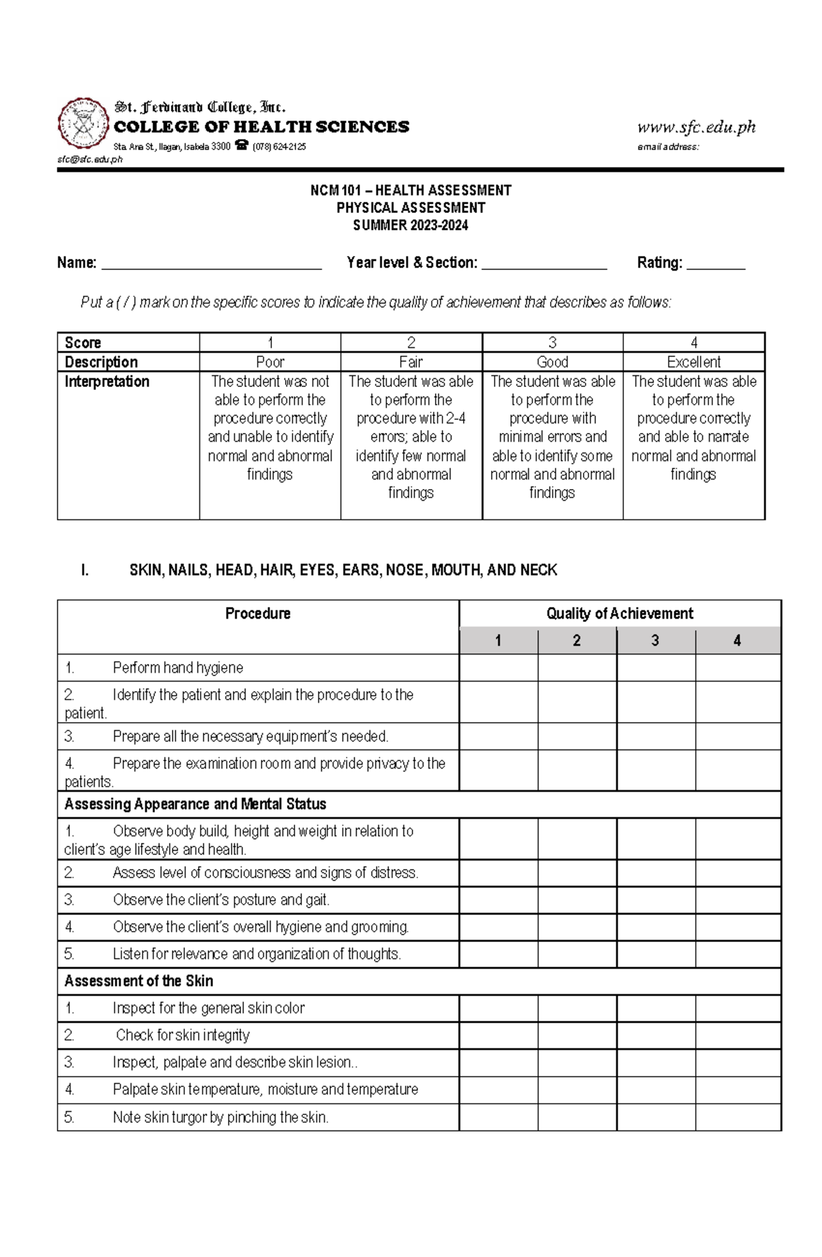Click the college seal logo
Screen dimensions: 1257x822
pyautogui.click(x=84, y=123)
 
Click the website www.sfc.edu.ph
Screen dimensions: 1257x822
pyautogui.click(x=696, y=127)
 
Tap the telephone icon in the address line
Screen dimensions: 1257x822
pyautogui.click(x=241, y=145)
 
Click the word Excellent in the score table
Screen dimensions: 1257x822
pyautogui.click(x=693, y=362)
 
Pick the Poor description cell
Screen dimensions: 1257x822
pyautogui.click(x=270, y=362)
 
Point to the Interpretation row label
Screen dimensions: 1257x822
pyautogui.click(x=107, y=382)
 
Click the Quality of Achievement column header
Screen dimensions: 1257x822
pyautogui.click(x=619, y=613)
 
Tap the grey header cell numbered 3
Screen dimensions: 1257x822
pyautogui.click(x=655, y=640)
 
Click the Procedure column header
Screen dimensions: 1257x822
pyautogui.click(x=258, y=613)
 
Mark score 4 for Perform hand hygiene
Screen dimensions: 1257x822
pyautogui.click(x=738, y=668)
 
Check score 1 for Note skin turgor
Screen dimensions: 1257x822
pyautogui.click(x=498, y=1117)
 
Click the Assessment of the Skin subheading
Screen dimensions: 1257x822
pyautogui.click(x=139, y=981)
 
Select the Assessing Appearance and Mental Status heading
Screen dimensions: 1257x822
pyautogui.click(x=195, y=804)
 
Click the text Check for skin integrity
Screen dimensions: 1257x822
pyautogui.click(x=182, y=1035)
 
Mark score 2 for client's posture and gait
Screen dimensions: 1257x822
pyautogui.click(x=577, y=900)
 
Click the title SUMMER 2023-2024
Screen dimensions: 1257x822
pyautogui.click(x=410, y=225)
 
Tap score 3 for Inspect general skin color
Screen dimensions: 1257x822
pyautogui.click(x=656, y=1008)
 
